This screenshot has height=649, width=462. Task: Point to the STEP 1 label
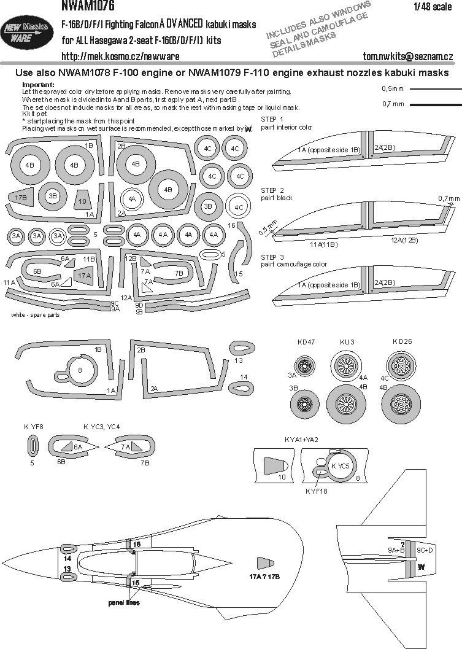click(x=272, y=119)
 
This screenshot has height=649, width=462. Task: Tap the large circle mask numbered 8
click(x=80, y=370)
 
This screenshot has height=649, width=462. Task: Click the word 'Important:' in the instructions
click(x=38, y=84)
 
